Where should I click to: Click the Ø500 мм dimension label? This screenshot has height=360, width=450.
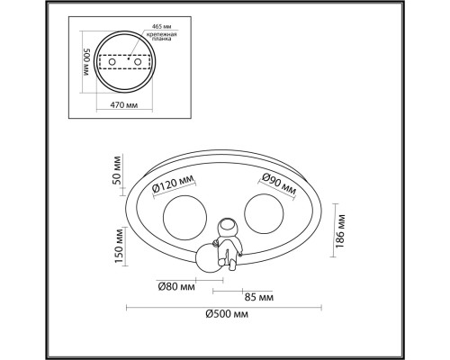[x=227, y=314]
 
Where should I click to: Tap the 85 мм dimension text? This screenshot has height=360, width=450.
[x=259, y=297]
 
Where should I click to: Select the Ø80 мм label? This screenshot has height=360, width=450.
[x=176, y=287]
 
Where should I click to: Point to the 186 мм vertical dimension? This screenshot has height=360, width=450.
[x=340, y=231]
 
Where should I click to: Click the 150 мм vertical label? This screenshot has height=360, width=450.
[x=119, y=246]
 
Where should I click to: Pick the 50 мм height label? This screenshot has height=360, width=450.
[x=117, y=170]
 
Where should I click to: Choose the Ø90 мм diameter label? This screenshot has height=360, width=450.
[x=279, y=184]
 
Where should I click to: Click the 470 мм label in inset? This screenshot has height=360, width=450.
[x=124, y=105]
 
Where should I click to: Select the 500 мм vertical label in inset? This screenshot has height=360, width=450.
[x=86, y=62]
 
